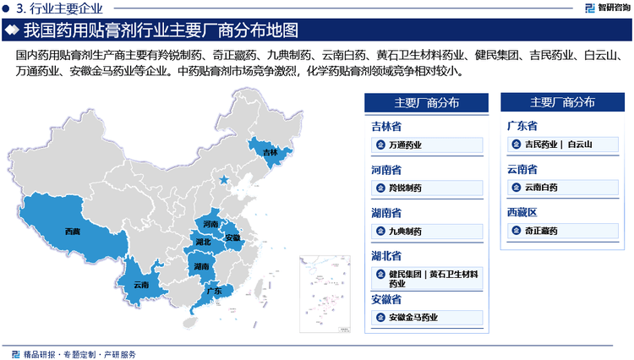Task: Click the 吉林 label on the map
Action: pyautogui.click(x=270, y=153)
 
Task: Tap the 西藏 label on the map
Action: pyautogui.click(x=73, y=230)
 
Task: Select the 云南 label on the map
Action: pyautogui.click(x=141, y=285)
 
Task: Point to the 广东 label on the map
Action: pyautogui.click(x=214, y=291)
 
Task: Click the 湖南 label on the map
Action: pyautogui.click(x=202, y=266)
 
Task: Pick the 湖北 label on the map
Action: pyautogui.click(x=203, y=243)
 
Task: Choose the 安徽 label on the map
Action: pyautogui.click(x=232, y=238)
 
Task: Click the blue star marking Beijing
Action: pyautogui.click(x=223, y=181)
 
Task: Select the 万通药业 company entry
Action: pyautogui.click(x=406, y=145)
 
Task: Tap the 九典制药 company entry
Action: pyautogui.click(x=406, y=231)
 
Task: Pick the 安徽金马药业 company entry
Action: pyautogui.click(x=413, y=317)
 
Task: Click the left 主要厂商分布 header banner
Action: pyautogui.click(x=426, y=103)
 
